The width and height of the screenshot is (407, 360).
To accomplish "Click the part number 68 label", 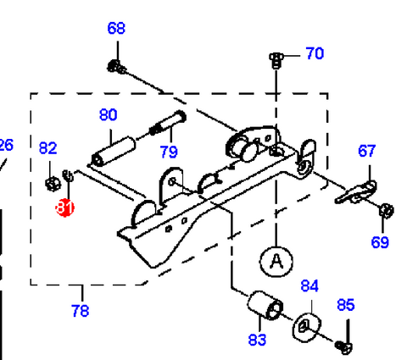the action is [116, 28].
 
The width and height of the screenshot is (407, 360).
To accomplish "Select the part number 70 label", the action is [315, 53].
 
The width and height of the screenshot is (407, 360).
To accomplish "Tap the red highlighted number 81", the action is [64, 208].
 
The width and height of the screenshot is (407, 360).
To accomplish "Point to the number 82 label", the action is [47, 147].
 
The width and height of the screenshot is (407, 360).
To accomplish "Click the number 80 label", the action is [109, 115].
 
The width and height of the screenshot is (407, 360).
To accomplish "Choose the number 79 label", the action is [169, 152].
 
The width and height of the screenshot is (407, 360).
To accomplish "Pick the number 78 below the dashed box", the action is [81, 311].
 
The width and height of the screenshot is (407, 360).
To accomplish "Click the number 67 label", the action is [367, 151].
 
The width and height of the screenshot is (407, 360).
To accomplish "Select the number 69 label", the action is [380, 242].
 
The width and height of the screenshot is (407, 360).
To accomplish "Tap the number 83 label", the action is [257, 340].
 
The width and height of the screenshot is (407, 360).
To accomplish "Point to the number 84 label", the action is [309, 285].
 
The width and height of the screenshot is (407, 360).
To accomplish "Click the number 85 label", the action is [346, 305].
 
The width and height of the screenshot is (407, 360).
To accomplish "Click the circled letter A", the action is [276, 261].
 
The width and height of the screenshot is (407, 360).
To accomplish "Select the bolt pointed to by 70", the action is [276, 60].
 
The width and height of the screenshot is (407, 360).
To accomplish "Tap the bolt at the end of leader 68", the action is [117, 67].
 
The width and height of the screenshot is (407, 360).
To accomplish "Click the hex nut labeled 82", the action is [53, 184].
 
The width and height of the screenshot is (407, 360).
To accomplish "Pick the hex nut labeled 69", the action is [386, 210].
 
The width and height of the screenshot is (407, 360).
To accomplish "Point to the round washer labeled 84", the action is [307, 327].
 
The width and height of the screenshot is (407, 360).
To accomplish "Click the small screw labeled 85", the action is [343, 347].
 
